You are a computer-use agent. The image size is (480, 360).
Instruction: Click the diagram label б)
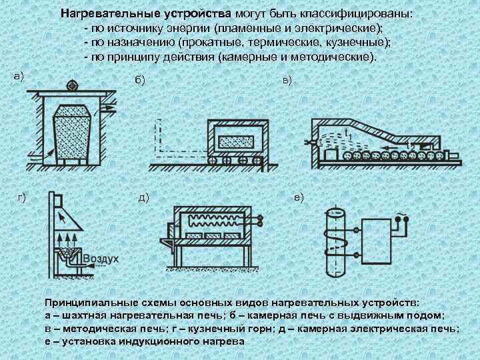tap(139, 80)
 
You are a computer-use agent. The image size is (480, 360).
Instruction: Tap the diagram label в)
tap(287, 80)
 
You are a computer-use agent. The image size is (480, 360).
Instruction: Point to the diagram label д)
tap(143, 197)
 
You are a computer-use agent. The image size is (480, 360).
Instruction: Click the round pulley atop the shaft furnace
tap(71, 85)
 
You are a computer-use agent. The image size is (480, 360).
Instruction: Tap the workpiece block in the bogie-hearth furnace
tap(239, 141)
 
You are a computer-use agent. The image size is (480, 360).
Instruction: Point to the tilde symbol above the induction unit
tap(401, 214)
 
